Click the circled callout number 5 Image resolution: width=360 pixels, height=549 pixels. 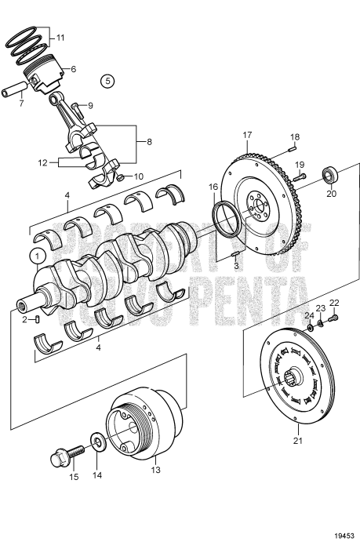pyautogui.click(x=107, y=80)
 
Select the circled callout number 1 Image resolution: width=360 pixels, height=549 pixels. pyautogui.click(x=35, y=256)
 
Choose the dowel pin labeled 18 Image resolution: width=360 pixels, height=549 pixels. pyautogui.click(x=290, y=142)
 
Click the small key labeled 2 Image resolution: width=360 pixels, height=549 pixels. pyautogui.click(x=35, y=319)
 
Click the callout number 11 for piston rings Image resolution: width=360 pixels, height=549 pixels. pyautogui.click(x=61, y=37)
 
